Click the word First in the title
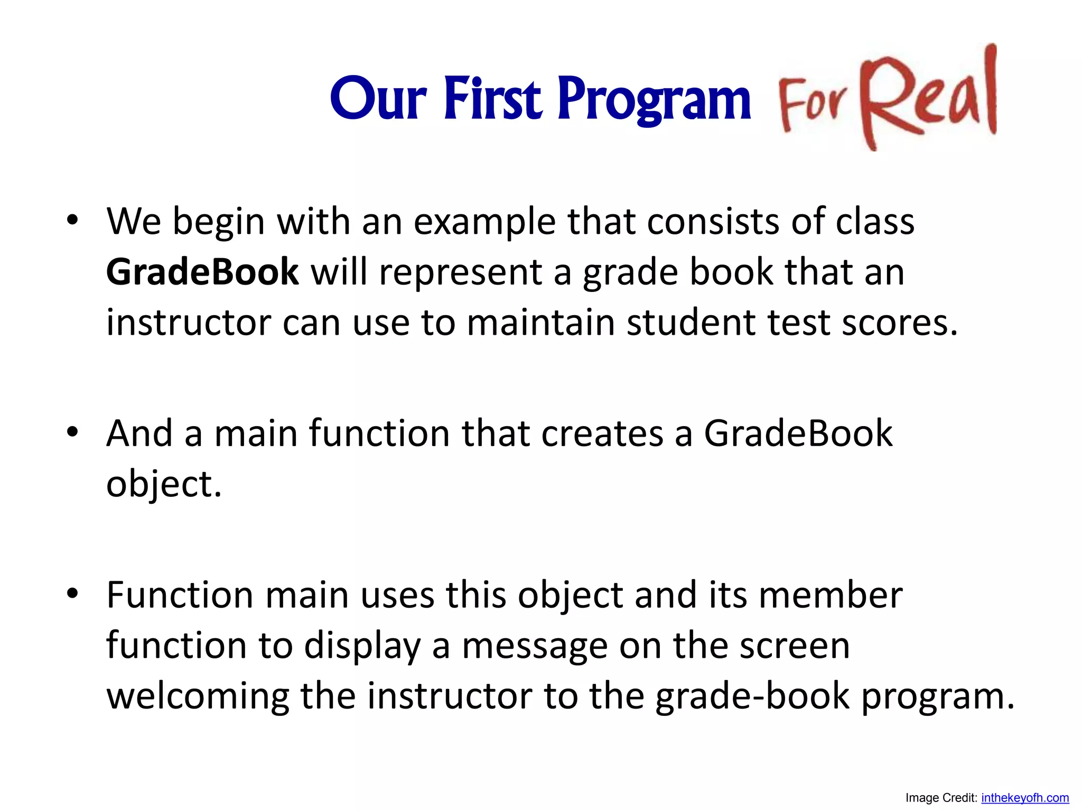click(492, 99)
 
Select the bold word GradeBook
click(202, 272)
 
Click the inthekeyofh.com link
click(1024, 798)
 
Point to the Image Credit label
click(941, 798)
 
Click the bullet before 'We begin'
click(72, 220)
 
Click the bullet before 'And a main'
click(72, 432)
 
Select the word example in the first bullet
click(484, 222)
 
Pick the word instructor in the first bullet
click(188, 323)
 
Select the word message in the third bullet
click(534, 646)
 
